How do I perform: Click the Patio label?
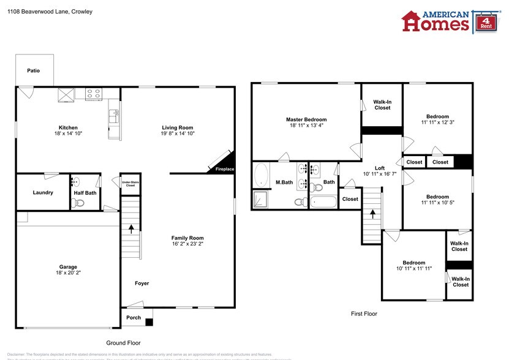coord(33,70)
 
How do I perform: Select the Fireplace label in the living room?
coord(224,169)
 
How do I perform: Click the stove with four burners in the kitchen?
coord(94,94)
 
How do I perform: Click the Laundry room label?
coord(43,192)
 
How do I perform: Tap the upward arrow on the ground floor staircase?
coord(130,228)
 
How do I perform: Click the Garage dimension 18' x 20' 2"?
coord(68,274)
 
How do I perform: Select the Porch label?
coord(134,317)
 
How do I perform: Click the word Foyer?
coord(142,283)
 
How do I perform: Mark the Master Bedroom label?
coord(306,119)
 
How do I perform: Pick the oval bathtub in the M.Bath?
coord(261,175)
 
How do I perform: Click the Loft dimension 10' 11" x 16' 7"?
coord(380,174)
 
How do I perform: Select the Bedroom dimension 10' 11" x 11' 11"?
coord(413,269)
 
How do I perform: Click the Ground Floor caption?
coord(127,343)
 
